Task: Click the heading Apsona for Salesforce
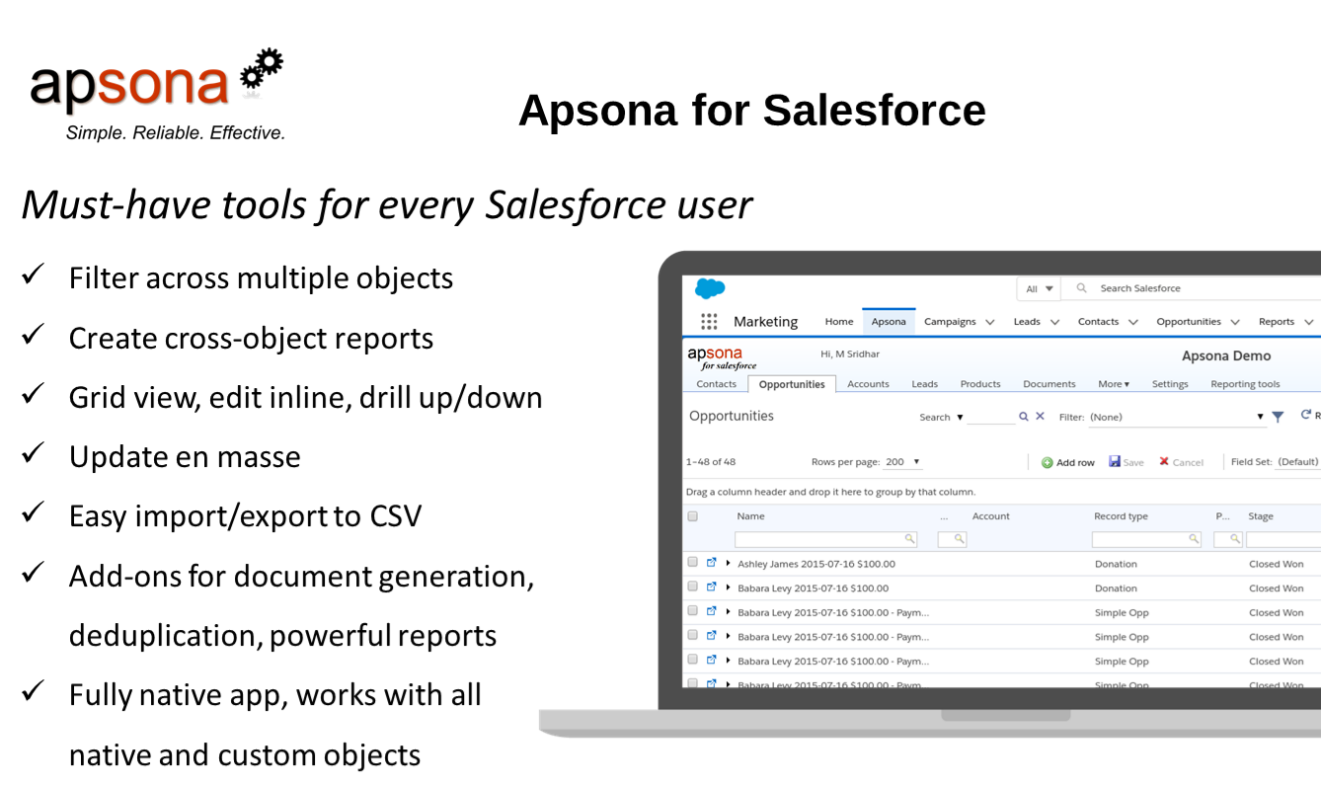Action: [x=751, y=110]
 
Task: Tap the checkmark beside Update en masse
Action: [x=32, y=454]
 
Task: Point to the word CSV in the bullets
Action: [x=396, y=515]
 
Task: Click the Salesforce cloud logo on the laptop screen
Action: [x=710, y=288]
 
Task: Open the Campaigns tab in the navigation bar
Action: [x=950, y=322]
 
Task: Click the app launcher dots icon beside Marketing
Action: [x=709, y=322]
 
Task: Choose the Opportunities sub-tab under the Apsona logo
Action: [x=792, y=384]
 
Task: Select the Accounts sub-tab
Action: [x=868, y=384]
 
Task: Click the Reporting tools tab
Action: [x=1245, y=384]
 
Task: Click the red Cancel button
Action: [x=1182, y=462]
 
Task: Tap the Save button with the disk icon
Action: [x=1127, y=462]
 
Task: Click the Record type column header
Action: [x=1121, y=516]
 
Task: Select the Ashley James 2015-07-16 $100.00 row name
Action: [x=816, y=564]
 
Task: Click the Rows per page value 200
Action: [x=895, y=462]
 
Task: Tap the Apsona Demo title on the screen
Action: [x=1226, y=355]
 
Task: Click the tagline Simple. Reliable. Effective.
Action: [x=176, y=132]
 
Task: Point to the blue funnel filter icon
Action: [x=1278, y=417]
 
